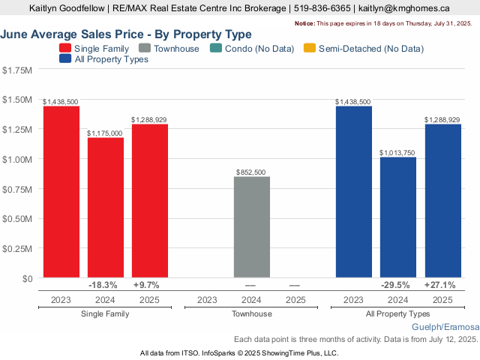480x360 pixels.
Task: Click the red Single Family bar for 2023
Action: [x=61, y=192]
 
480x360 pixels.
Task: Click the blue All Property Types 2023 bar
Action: [x=354, y=192]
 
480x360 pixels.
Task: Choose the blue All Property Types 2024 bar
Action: [x=398, y=217]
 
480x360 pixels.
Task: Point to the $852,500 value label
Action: [x=251, y=172]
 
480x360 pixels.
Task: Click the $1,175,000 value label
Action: [x=105, y=133]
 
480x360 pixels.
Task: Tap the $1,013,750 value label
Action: [x=397, y=152]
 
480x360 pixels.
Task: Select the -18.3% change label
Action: [x=103, y=285]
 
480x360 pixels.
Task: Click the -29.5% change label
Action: [x=396, y=285]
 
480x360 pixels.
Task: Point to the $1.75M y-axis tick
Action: [x=17, y=70]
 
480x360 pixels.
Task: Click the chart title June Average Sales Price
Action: [x=126, y=34]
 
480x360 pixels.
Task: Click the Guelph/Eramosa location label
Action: [x=445, y=328]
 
